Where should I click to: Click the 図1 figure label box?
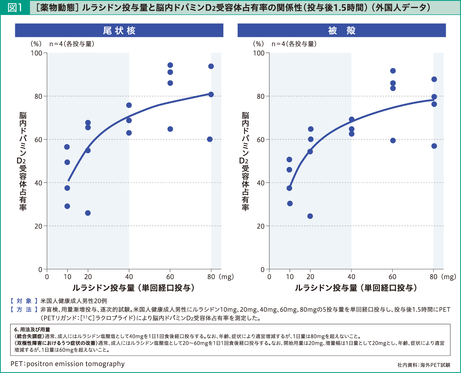[15, 7]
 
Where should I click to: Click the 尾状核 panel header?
[119, 31]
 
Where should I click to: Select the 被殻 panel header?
[341, 31]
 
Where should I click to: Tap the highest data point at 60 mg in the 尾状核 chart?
[170, 65]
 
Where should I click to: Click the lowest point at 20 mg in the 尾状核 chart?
[88, 213]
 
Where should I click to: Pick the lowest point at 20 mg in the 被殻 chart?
[310, 216]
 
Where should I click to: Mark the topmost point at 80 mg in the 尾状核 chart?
[211, 66]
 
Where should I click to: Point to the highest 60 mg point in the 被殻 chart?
[393, 71]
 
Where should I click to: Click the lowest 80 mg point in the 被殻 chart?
[434, 146]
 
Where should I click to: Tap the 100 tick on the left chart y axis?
[37, 53]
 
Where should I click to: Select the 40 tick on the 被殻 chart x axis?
[351, 277]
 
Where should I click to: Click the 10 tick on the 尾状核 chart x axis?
[67, 277]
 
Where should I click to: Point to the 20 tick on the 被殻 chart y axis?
[260, 226]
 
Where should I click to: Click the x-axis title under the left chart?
[133, 288]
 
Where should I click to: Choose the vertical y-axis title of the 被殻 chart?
[245, 161]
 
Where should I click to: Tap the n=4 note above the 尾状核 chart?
[72, 44]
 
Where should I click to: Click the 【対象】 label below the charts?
[24, 301]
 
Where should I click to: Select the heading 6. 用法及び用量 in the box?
[32, 330]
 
